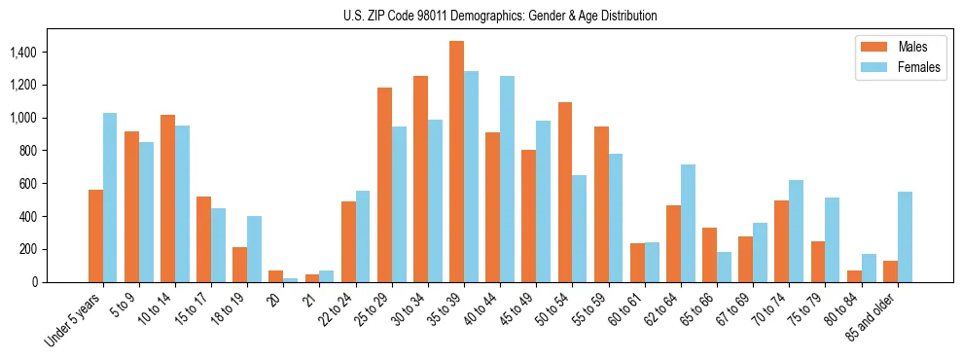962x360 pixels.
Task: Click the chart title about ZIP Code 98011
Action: coord(500,16)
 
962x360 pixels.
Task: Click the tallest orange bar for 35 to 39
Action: coord(456,162)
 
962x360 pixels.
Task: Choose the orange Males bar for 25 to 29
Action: coord(384,185)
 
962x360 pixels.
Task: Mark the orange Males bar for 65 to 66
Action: coord(709,255)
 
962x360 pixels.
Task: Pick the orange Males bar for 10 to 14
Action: coord(167,198)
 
